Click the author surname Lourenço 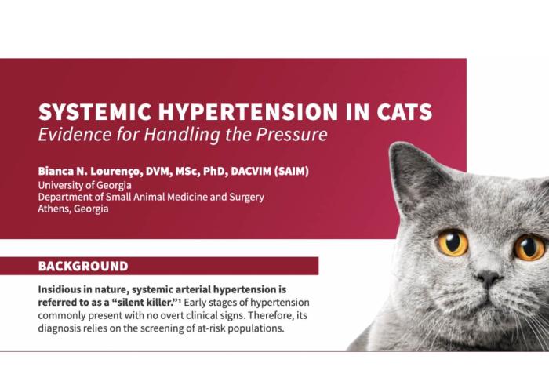pyautogui.click(x=114, y=171)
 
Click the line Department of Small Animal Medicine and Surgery pyautogui.click(x=151, y=197)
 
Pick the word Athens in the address pyautogui.click(x=56, y=209)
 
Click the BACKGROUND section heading pyautogui.click(x=83, y=267)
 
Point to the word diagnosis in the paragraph pyautogui.click(x=65, y=328)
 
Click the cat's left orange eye pyautogui.click(x=453, y=243)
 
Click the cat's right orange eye pyautogui.click(x=529, y=248)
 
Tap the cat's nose pyautogui.click(x=488, y=278)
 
